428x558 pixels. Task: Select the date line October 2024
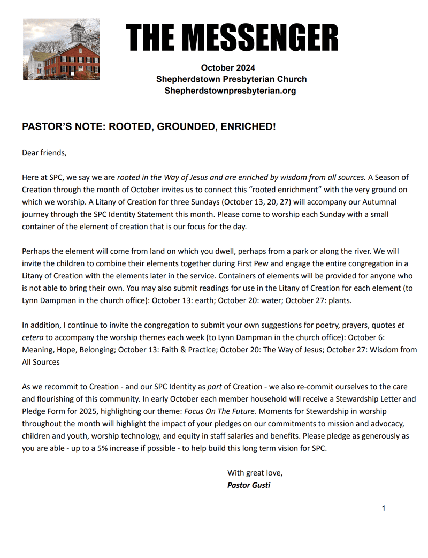pyautogui.click(x=228, y=67)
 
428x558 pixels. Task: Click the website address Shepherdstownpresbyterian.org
pyautogui.click(x=230, y=91)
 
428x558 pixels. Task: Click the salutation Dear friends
pyautogui.click(x=44, y=153)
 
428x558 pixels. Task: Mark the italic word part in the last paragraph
pyautogui.click(x=216, y=387)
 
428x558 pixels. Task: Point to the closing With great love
pyautogui.click(x=255, y=473)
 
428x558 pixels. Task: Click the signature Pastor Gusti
pyautogui.click(x=249, y=486)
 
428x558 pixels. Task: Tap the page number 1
pyautogui.click(x=384, y=508)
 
